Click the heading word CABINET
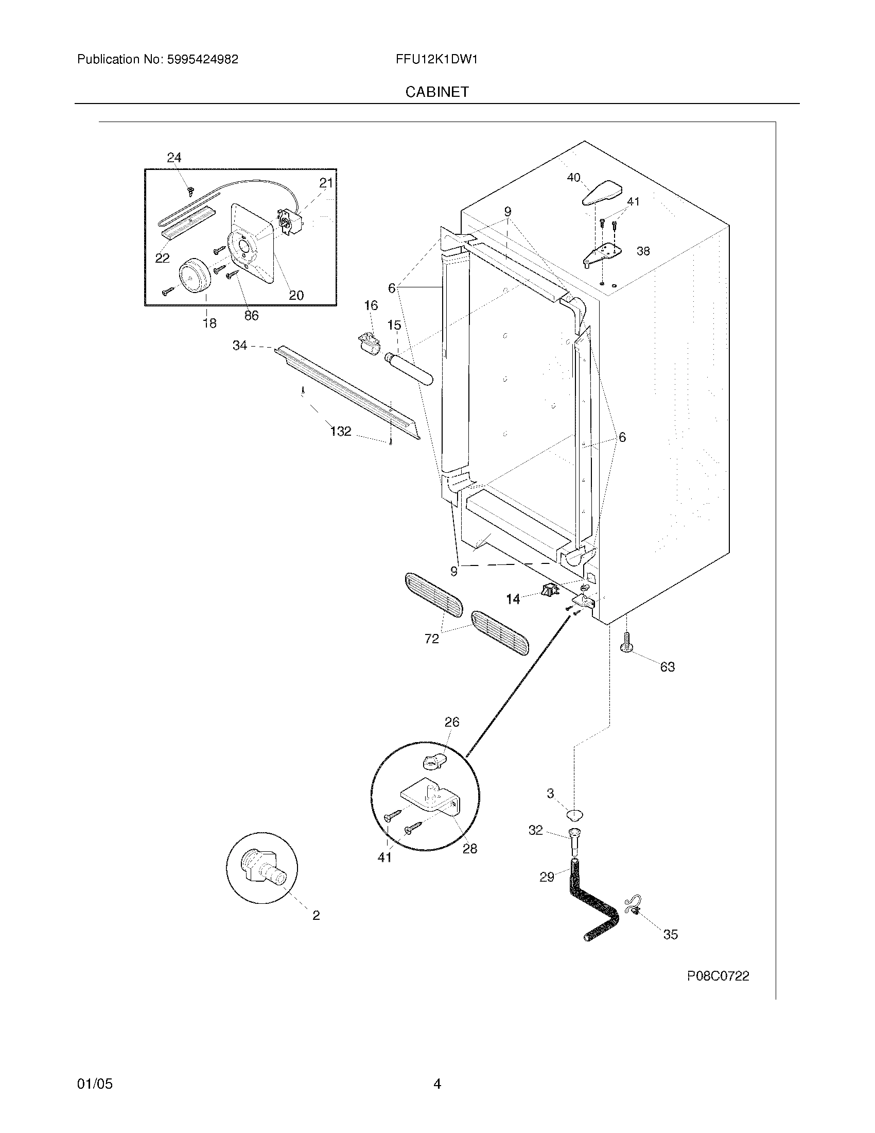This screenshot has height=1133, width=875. [x=437, y=92]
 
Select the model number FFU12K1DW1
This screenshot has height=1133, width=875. [x=436, y=59]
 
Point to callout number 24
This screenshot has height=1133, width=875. [x=174, y=158]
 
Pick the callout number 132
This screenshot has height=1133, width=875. [x=341, y=431]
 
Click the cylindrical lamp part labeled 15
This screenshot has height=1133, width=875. [x=409, y=369]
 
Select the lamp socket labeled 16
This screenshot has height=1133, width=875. [x=369, y=343]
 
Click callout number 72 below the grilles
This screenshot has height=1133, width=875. [x=431, y=639]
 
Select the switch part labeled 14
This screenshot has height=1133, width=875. [x=550, y=590]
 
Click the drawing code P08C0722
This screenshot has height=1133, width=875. [x=718, y=976]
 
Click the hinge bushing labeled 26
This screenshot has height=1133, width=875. [x=431, y=762]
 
